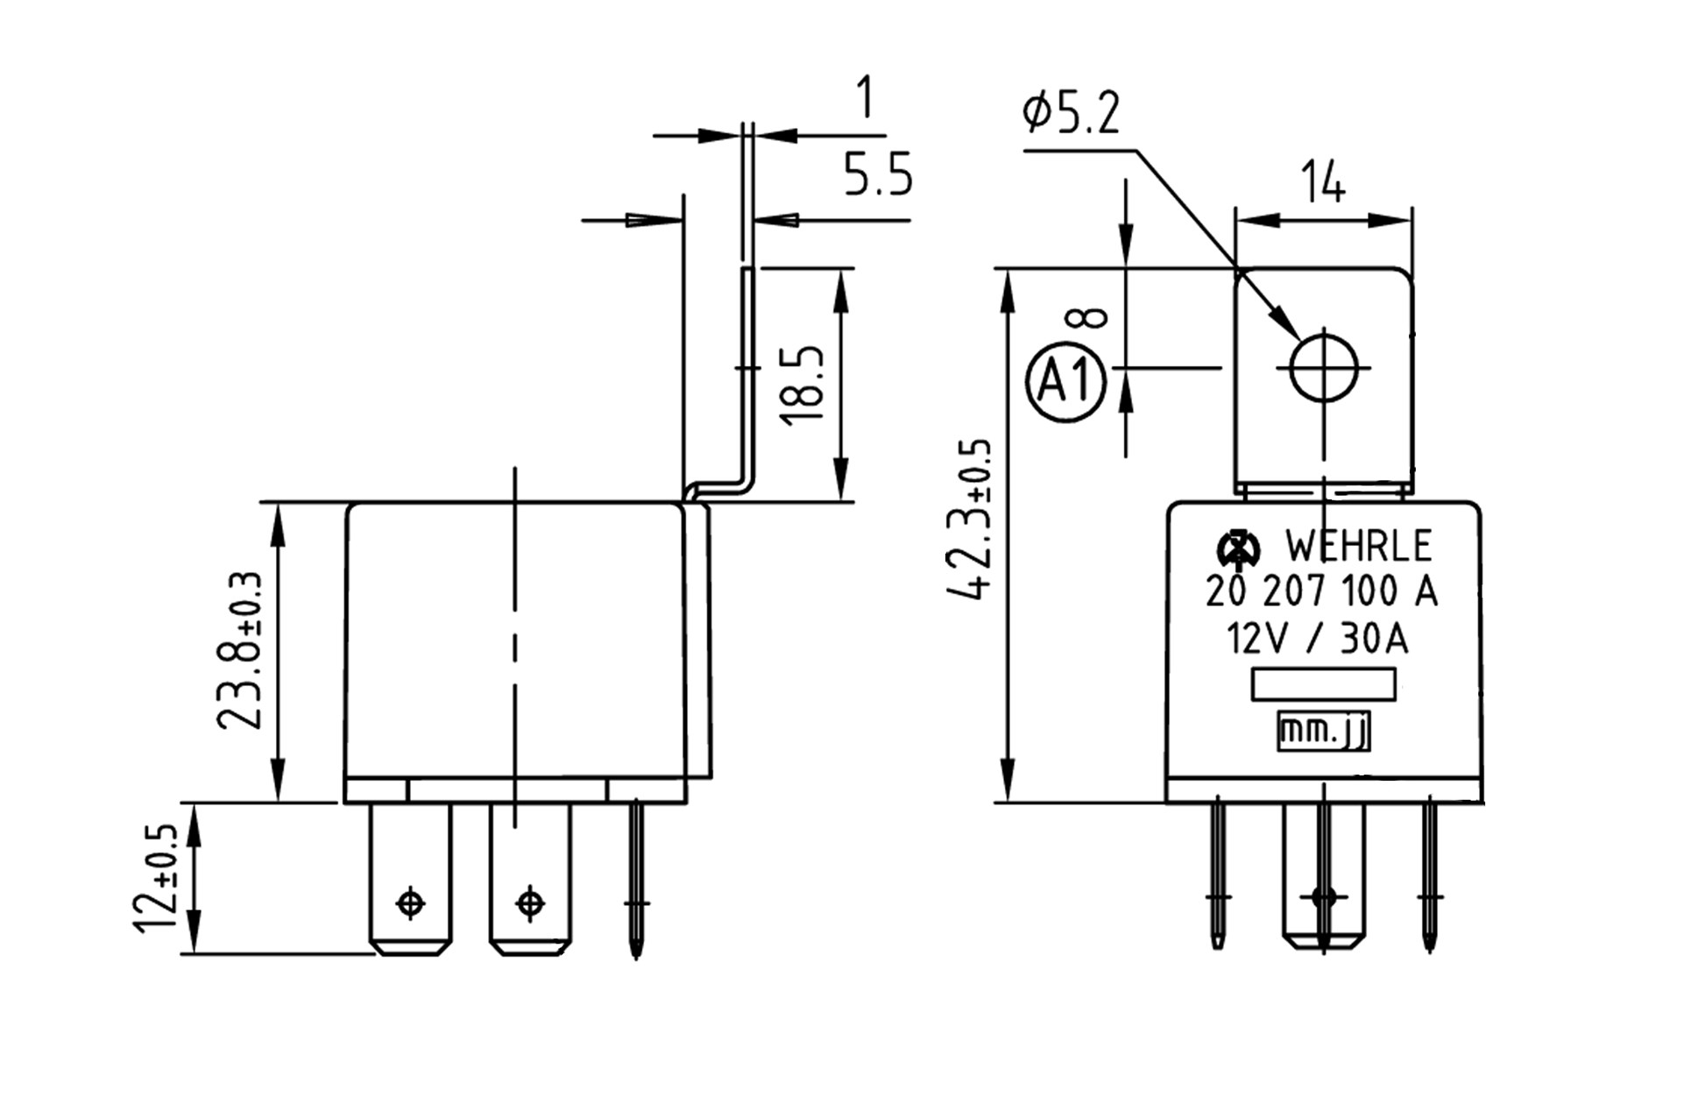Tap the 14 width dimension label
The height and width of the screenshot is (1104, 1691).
click(1323, 182)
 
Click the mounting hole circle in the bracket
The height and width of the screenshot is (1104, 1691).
click(1323, 368)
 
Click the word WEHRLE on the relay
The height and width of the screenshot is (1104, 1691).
click(1358, 547)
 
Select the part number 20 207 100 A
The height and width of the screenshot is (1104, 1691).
click(1321, 592)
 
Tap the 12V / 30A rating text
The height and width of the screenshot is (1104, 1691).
click(1317, 640)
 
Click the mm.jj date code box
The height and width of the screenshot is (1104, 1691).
click(1323, 732)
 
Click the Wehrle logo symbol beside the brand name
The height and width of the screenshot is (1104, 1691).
click(1238, 548)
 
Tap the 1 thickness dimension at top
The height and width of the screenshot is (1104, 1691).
click(865, 97)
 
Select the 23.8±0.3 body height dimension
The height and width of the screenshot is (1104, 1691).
click(238, 653)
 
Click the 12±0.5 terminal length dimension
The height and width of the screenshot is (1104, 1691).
click(159, 879)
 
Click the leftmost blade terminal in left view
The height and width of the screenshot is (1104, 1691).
click(410, 876)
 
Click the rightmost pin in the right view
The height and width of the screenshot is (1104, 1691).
click(1429, 876)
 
